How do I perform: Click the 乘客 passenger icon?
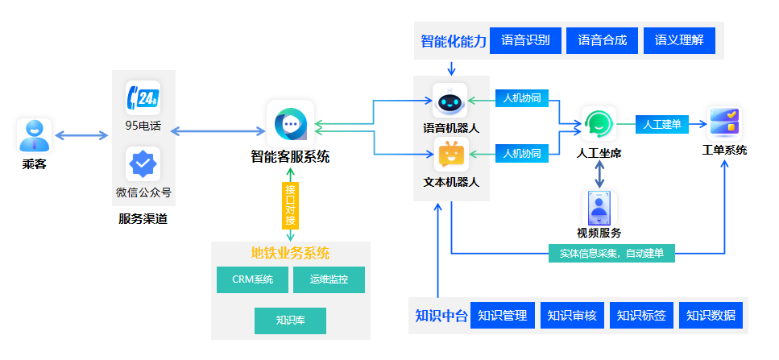34,135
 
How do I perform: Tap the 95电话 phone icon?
143,98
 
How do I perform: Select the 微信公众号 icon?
143,164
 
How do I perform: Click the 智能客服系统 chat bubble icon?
290,125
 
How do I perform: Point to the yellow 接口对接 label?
290,205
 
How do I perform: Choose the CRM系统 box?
252,280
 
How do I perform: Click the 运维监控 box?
329,280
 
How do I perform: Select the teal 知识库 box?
290,321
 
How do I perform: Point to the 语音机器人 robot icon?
451,101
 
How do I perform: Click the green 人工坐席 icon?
599,124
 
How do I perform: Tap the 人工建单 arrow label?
662,124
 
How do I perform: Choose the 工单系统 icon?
724,123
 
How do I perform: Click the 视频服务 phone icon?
599,208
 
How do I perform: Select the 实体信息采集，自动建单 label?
611,254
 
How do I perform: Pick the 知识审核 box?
572,316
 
